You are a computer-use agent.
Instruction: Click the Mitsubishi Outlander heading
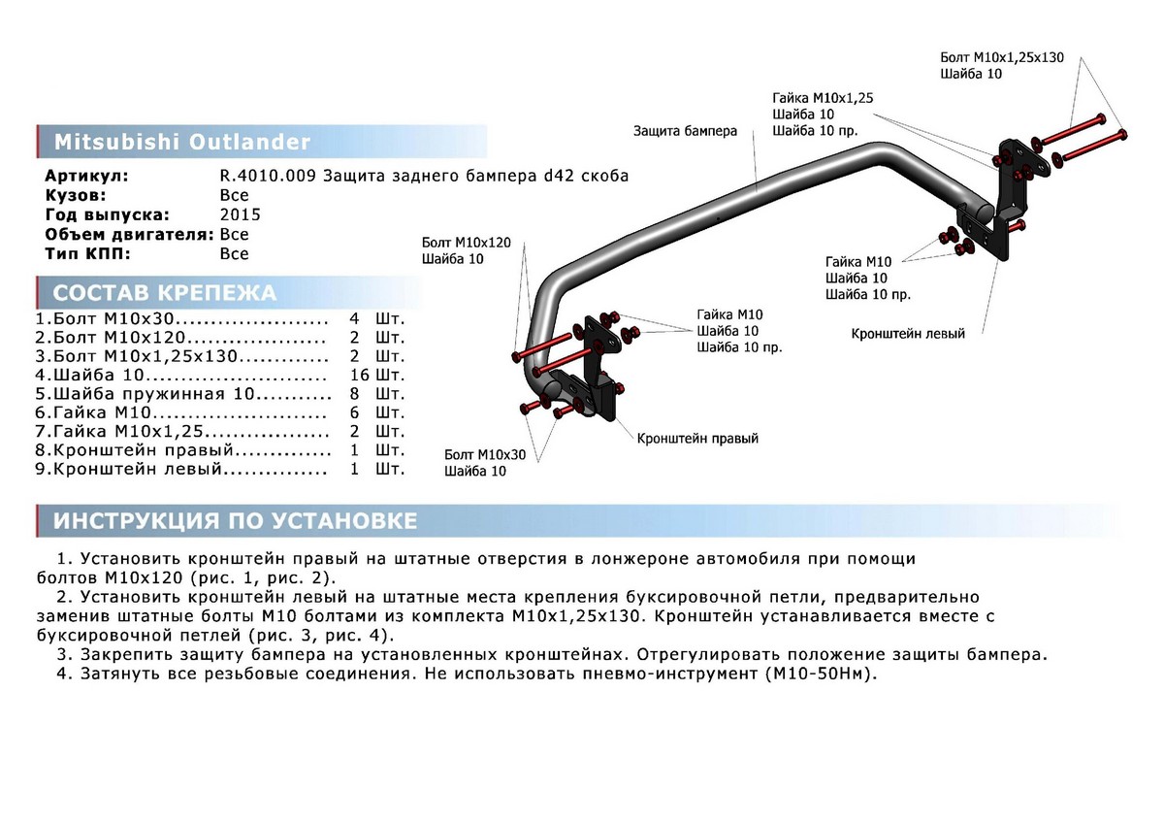click(181, 142)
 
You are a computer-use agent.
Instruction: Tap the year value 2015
click(240, 214)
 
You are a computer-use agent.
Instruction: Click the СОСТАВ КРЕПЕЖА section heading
click(164, 293)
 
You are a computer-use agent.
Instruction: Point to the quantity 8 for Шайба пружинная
click(355, 394)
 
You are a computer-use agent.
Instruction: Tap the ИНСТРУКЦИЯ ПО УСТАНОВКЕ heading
click(235, 521)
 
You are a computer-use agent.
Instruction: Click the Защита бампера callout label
click(685, 130)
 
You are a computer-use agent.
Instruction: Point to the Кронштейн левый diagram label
click(908, 333)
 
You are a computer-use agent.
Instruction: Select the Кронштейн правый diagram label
click(697, 438)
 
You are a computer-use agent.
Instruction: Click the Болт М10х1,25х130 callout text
click(1002, 57)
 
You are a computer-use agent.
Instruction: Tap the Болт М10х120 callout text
click(466, 242)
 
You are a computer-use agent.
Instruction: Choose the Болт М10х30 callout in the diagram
click(485, 454)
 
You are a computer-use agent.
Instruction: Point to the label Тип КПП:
click(87, 253)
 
